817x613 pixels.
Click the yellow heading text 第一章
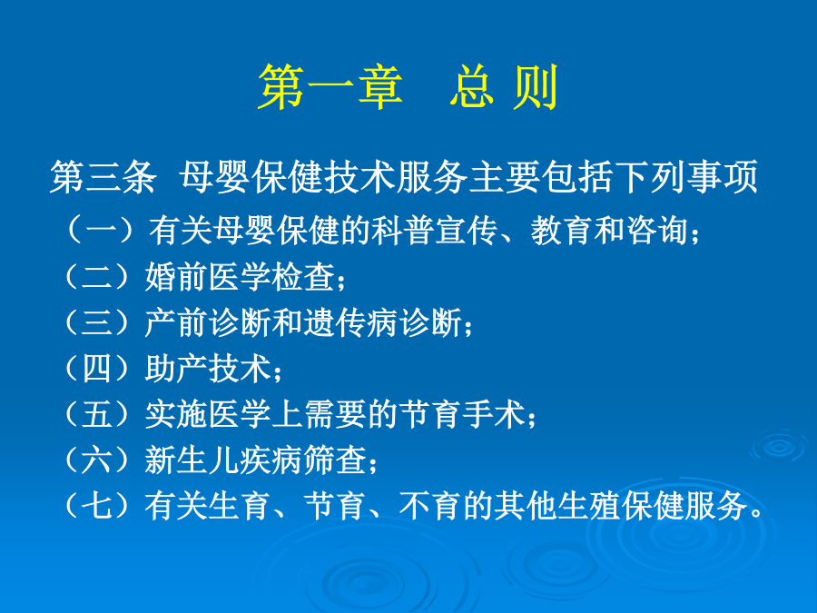330,87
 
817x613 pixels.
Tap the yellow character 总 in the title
471,87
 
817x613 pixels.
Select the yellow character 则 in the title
536,87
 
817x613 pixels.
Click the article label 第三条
103,177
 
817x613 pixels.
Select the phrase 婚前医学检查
241,276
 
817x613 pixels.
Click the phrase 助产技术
209,368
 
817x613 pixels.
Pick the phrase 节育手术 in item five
463,414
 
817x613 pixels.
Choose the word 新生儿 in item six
192,460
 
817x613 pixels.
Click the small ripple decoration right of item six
779,446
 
